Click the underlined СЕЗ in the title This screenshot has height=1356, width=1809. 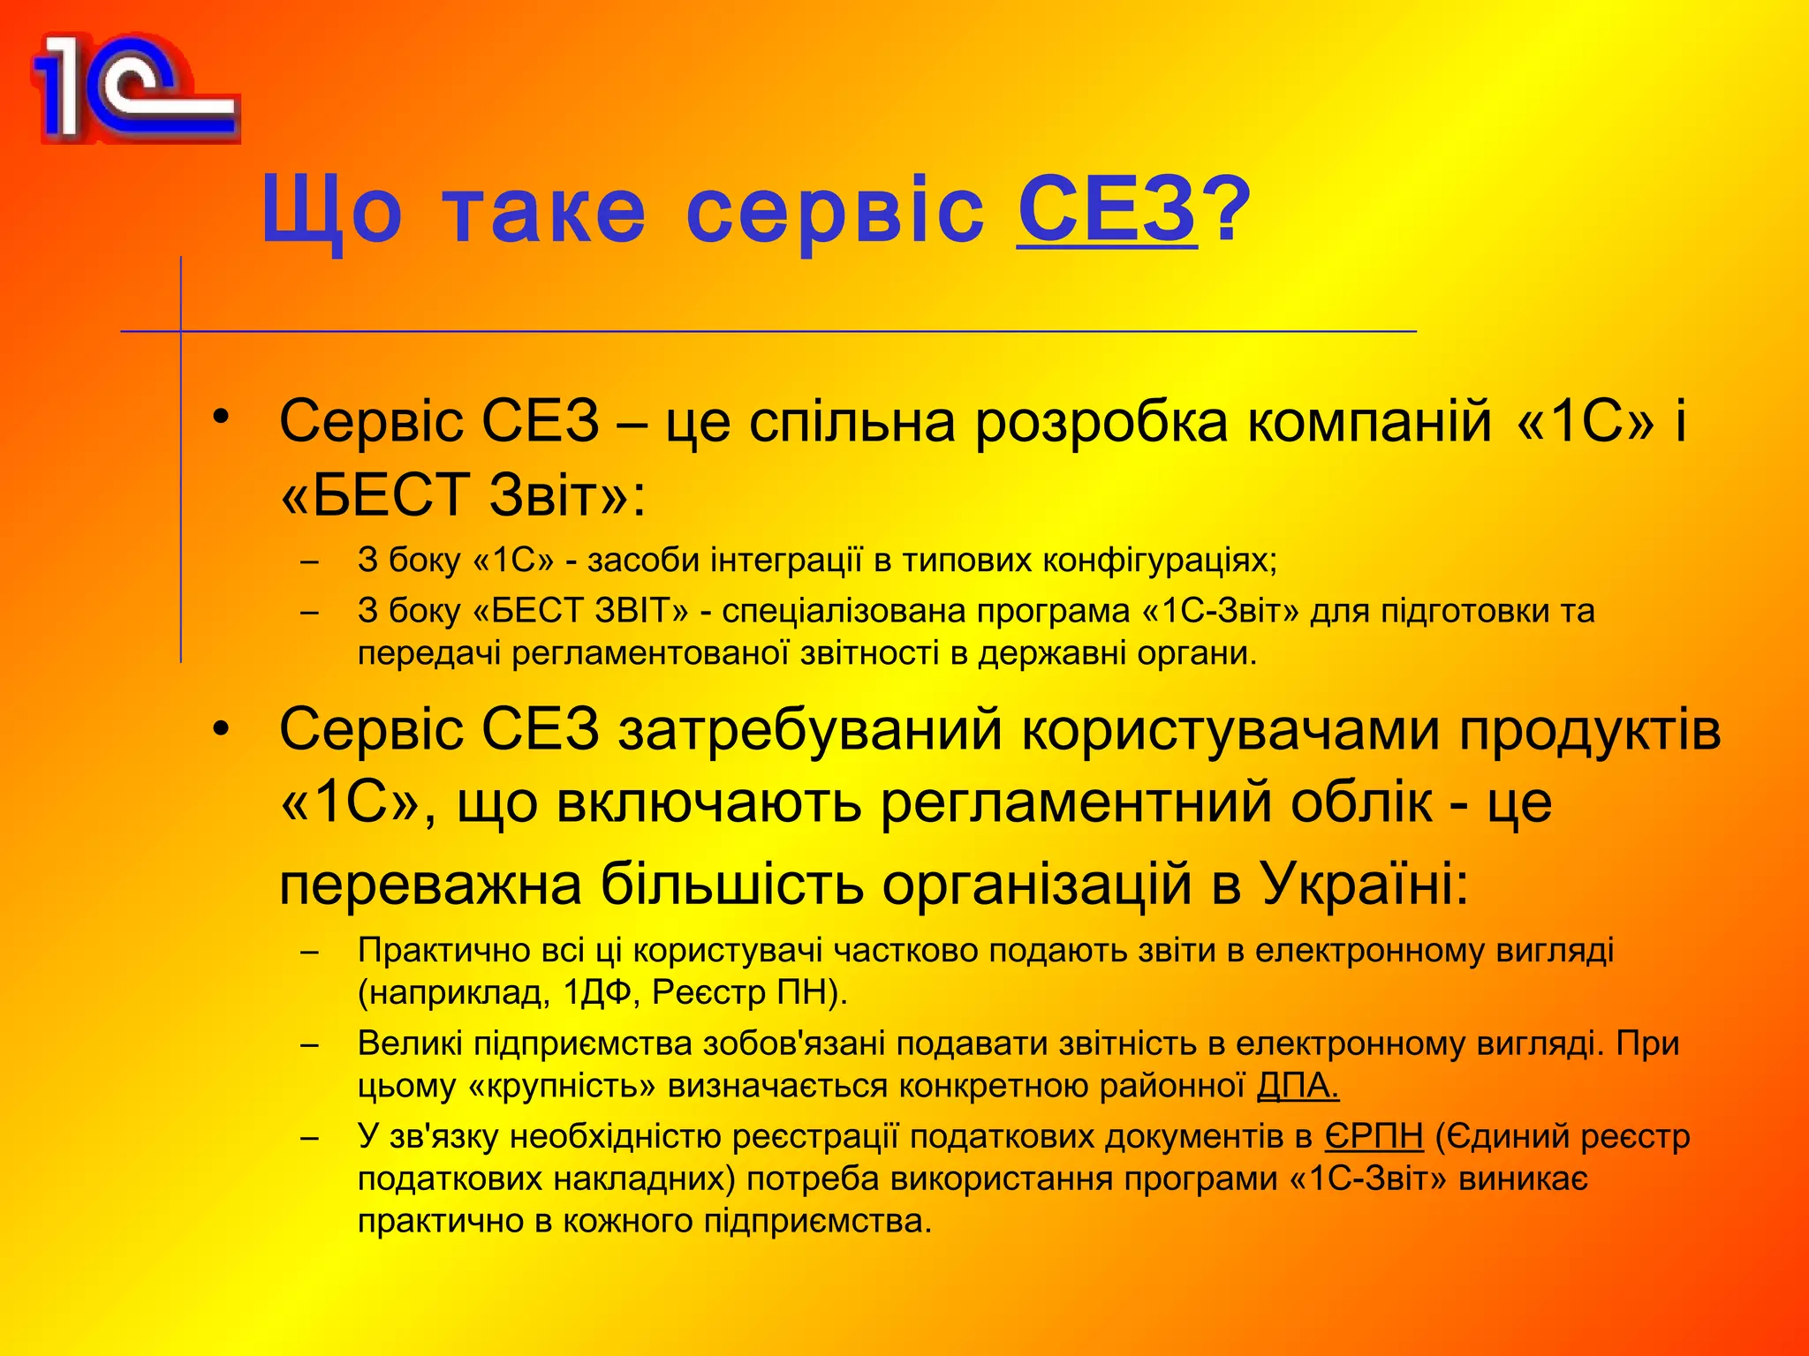[x=1108, y=209]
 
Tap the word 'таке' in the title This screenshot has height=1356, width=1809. [x=544, y=212]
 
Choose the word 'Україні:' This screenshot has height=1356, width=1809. [x=1365, y=884]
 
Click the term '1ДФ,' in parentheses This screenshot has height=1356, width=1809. [x=602, y=993]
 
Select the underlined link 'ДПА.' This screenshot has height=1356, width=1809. [x=1298, y=1086]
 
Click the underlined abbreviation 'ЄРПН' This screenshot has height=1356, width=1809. [x=1374, y=1137]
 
